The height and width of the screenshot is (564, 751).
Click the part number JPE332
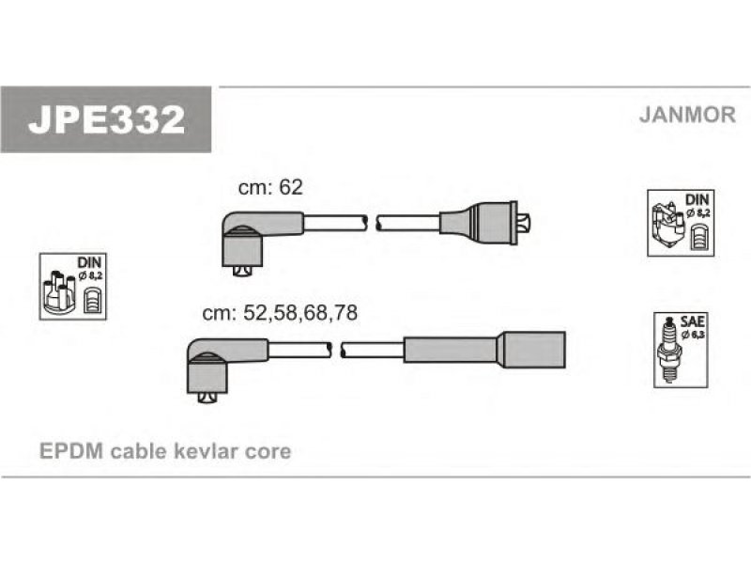tap(106, 119)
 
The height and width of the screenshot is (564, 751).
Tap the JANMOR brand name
tap(687, 115)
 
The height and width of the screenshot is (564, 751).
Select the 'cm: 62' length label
tap(270, 187)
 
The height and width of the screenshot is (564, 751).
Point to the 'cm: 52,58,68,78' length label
tap(280, 313)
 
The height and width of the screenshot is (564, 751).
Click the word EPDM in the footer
tap(71, 451)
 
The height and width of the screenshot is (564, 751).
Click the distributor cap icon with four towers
tap(59, 292)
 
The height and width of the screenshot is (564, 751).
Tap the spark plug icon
tap(670, 349)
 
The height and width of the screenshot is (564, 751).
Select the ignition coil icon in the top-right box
tap(668, 224)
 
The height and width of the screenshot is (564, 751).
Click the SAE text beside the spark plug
tap(692, 321)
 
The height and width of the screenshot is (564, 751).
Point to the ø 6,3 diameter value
tap(693, 335)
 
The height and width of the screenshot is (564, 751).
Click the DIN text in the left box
tap(89, 262)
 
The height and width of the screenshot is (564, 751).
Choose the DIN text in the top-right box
tap(697, 199)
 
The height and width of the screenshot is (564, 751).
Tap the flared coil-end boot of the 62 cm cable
tap(478, 223)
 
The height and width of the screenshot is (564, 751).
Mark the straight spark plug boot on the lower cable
tap(484, 350)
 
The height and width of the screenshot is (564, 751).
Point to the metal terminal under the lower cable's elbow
tap(207, 398)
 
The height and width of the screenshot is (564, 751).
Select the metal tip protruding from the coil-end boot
tap(524, 223)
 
